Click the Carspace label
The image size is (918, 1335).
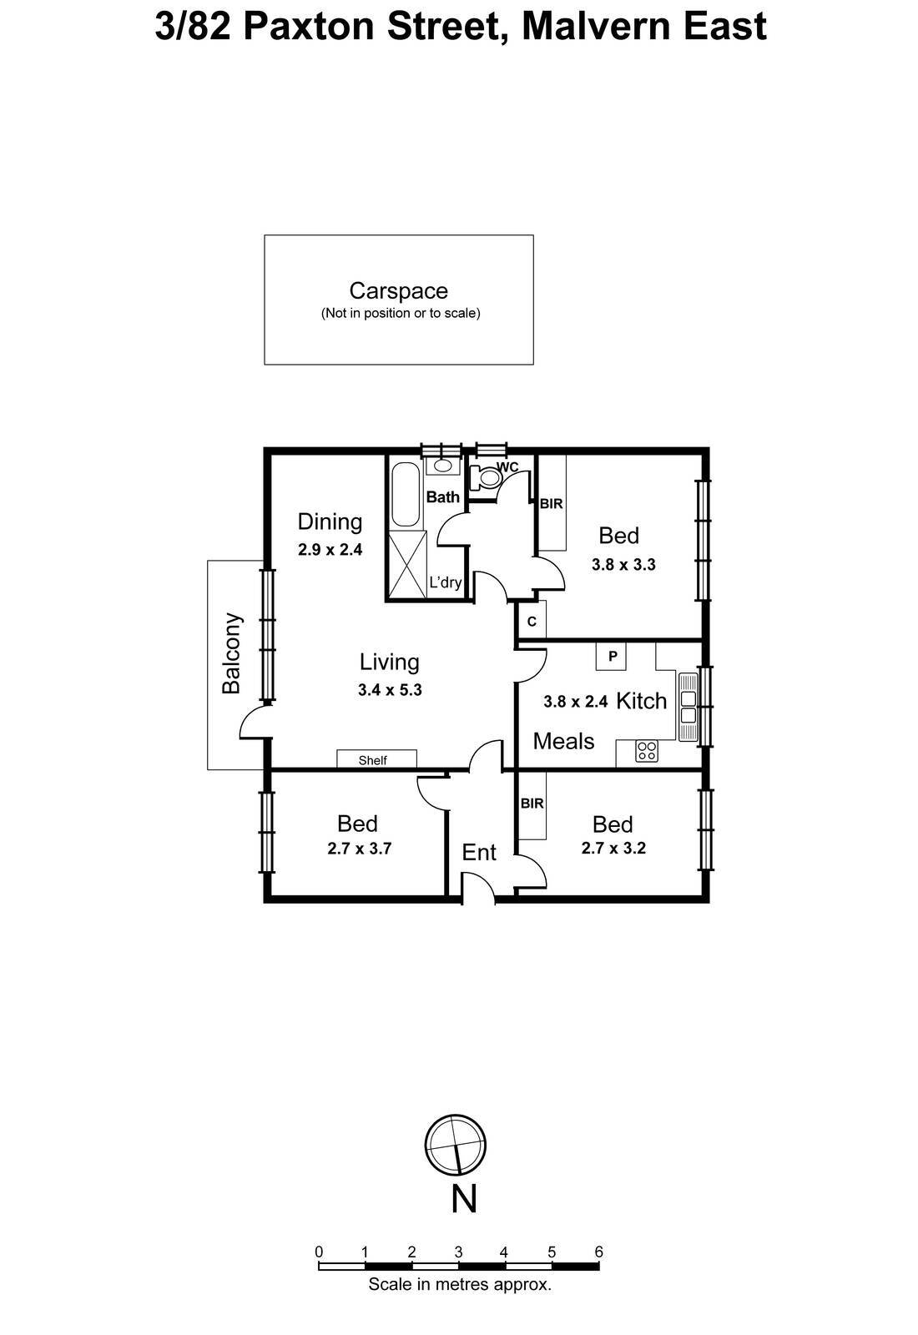point(398,291)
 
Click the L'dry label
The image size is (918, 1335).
point(445,582)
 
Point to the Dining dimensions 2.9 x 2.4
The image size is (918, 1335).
point(330,550)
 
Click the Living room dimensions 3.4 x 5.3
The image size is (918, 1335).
point(390,690)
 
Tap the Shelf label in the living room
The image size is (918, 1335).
point(372,760)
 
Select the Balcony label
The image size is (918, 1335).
point(231,653)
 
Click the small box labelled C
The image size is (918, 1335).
point(532,622)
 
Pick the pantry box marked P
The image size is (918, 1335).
point(612,657)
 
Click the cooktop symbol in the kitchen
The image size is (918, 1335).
point(646,751)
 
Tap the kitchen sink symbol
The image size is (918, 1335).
point(688,707)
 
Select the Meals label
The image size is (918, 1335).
point(563,741)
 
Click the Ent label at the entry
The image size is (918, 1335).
point(479,852)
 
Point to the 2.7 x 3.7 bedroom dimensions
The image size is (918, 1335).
point(360,849)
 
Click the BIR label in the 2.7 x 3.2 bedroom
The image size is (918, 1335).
point(532,804)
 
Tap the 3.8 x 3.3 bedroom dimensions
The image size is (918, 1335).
point(623,564)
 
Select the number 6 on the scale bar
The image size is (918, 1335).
point(598,1252)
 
